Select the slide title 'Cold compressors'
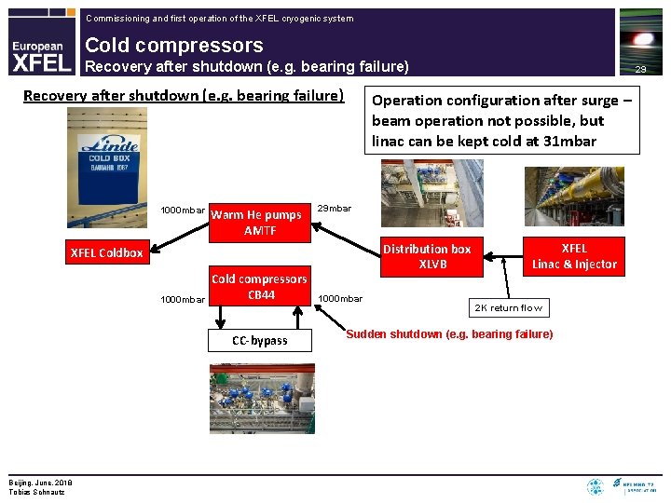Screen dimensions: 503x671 click(174, 45)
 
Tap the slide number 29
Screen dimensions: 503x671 click(640, 69)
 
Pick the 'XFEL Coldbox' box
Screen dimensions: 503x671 click(107, 253)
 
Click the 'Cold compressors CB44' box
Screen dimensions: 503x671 click(260, 287)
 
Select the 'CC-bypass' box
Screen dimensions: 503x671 click(260, 341)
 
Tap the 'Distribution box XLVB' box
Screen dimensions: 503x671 click(427, 256)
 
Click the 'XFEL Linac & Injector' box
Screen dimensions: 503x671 click(574, 256)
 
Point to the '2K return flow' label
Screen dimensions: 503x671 click(509, 308)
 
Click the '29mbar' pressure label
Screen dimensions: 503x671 click(335, 208)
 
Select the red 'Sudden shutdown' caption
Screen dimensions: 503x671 click(449, 334)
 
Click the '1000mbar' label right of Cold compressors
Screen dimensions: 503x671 click(340, 299)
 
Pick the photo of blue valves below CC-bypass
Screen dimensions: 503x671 click(262, 397)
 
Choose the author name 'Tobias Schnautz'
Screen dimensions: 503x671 click(37, 491)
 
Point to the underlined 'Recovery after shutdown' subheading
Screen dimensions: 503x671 click(184, 96)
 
